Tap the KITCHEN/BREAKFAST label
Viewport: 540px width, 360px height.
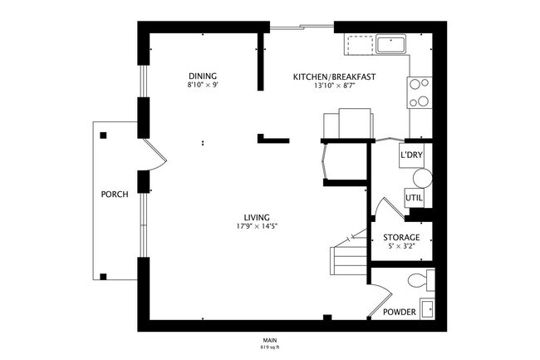pyautogui.click(x=335, y=77)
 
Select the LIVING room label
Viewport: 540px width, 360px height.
pyautogui.click(x=257, y=218)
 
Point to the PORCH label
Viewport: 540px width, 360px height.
pyautogui.click(x=114, y=195)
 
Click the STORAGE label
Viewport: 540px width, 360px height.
pyautogui.click(x=400, y=238)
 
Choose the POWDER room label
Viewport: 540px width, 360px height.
pyautogui.click(x=399, y=312)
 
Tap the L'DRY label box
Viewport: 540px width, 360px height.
pyautogui.click(x=411, y=156)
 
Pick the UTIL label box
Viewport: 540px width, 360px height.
pyautogui.click(x=414, y=198)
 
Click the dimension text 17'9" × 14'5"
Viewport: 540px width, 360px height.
pyautogui.click(x=257, y=227)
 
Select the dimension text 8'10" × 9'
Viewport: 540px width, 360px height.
pyautogui.click(x=203, y=85)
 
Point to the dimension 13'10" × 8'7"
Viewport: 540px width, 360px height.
pyautogui.click(x=335, y=86)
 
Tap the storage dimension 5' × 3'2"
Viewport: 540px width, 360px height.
pyautogui.click(x=400, y=246)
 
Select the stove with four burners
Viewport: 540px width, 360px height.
pyautogui.click(x=419, y=92)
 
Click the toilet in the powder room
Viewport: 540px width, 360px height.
pyautogui.click(x=426, y=281)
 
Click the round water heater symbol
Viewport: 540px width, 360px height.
pyautogui.click(x=422, y=178)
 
